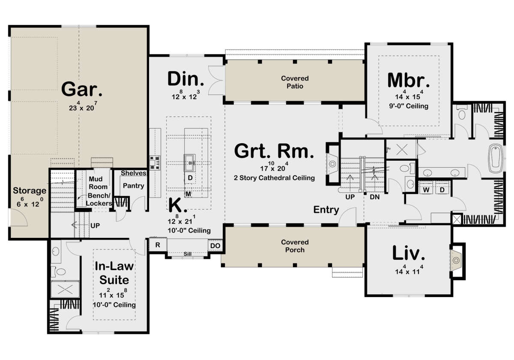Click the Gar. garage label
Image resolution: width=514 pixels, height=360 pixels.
click(x=82, y=89)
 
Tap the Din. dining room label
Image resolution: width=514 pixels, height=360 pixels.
click(x=185, y=79)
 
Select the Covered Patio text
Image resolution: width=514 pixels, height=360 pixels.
click(x=295, y=82)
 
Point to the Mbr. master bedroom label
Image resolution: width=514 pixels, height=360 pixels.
click(x=409, y=81)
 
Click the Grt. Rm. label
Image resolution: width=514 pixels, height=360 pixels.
click(x=274, y=151)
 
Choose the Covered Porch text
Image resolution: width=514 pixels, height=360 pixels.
click(x=295, y=246)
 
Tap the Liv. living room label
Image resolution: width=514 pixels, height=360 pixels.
click(x=409, y=253)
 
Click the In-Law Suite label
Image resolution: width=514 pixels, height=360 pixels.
click(x=114, y=273)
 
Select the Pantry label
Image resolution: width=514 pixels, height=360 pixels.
click(x=133, y=186)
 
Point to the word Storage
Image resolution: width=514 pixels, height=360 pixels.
click(x=30, y=191)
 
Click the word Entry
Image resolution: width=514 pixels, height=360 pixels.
click(x=326, y=210)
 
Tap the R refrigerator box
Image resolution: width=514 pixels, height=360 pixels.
click(x=158, y=245)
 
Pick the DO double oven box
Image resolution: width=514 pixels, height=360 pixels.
click(x=215, y=246)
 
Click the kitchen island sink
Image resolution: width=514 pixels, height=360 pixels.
click(x=190, y=163)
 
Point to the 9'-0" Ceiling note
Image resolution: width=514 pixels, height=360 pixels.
click(x=409, y=106)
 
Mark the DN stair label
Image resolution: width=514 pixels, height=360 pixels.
click(x=374, y=197)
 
